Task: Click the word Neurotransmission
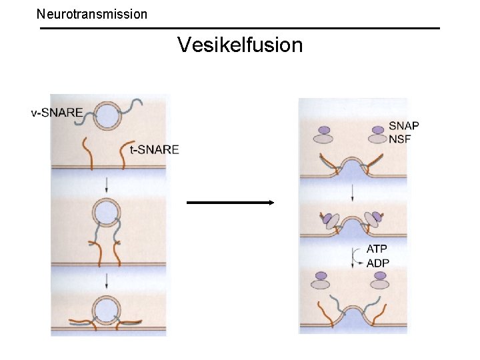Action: (x=92, y=13)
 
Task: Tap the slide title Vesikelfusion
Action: (x=240, y=45)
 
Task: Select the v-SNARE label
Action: (x=57, y=113)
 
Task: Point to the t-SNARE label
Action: (x=155, y=149)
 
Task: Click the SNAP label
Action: (x=404, y=126)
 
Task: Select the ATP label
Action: (x=377, y=249)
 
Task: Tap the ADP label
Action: (x=378, y=263)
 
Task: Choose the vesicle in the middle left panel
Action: (x=106, y=214)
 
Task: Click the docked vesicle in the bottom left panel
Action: (x=106, y=310)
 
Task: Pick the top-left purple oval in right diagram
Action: (x=324, y=130)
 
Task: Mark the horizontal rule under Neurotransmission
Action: (x=240, y=28)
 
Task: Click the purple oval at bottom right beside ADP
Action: (x=379, y=275)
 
